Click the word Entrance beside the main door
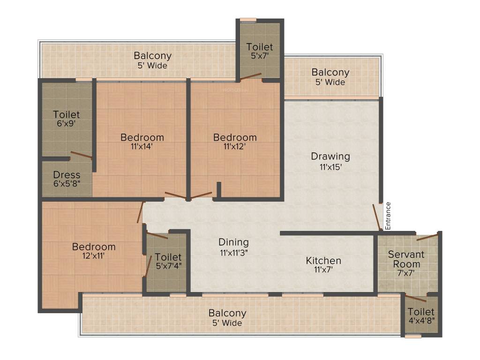point(388,216)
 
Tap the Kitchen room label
point(323,261)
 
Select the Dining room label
point(233,242)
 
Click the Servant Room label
point(406,259)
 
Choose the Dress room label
point(67,175)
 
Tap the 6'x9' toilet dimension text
point(66,124)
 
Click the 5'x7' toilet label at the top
point(260,47)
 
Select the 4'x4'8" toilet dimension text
point(421,321)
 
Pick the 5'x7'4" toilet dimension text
point(168,266)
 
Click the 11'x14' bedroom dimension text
point(142,147)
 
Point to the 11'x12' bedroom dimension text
point(235,147)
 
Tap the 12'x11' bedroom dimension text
point(94,256)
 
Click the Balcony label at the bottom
point(227,313)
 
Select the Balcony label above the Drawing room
point(330,73)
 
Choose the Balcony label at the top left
point(152,56)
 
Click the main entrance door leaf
point(377,217)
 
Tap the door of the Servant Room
point(427,237)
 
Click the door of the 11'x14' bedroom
point(175,195)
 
